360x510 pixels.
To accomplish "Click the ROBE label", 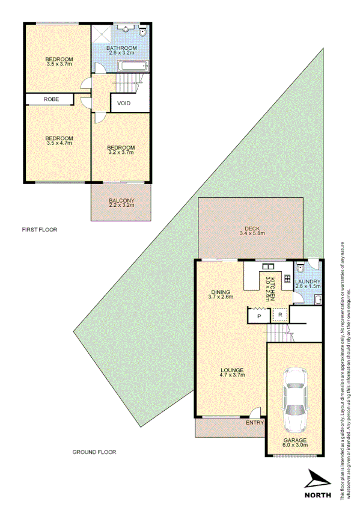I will tap(50, 99).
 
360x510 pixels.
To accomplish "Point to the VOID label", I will tap(124, 103).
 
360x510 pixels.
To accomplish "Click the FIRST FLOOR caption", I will tap(40, 230).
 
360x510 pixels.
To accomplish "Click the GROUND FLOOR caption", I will tap(94, 452).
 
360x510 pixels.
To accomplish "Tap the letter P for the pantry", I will tap(258, 316).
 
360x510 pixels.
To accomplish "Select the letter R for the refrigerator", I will tap(279, 315).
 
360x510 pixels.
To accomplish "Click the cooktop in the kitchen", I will tap(287, 279).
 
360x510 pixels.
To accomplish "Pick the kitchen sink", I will tap(267, 267).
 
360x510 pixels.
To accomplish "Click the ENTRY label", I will tap(255, 423).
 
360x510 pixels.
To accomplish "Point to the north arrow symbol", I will tap(317, 479).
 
